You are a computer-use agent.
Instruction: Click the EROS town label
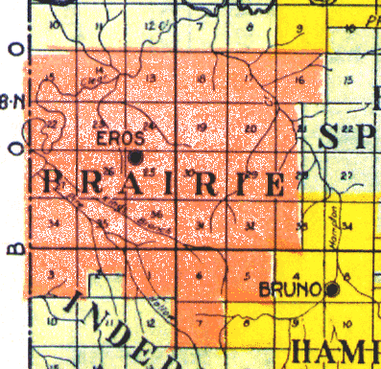pos(113,138)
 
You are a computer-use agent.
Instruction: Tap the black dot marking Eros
pos(136,156)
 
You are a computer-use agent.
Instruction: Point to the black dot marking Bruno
pos(333,288)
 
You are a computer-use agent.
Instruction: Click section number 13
pos(150,78)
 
